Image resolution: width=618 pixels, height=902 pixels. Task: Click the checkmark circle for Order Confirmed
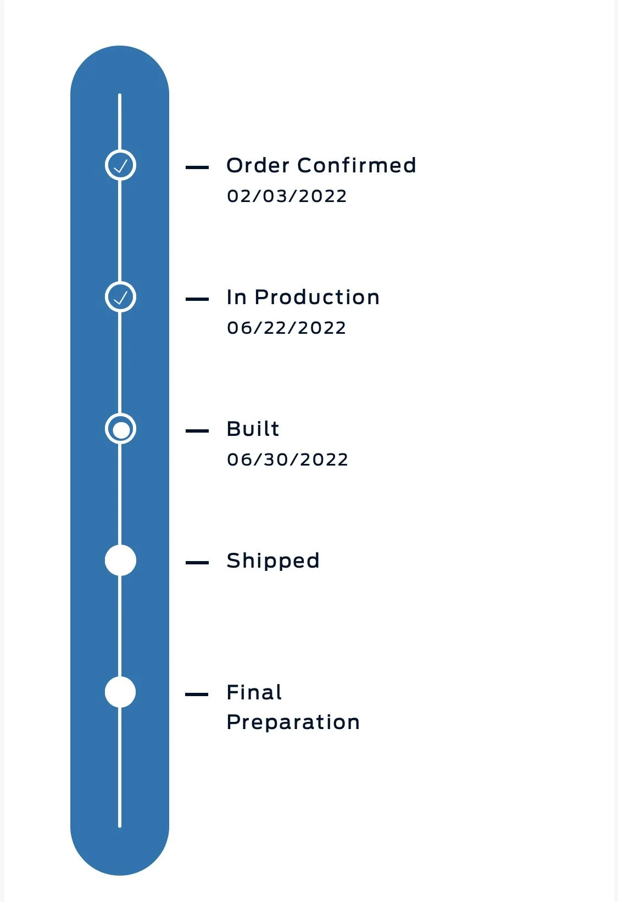click(120, 165)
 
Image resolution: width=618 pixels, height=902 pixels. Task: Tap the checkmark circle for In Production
click(120, 297)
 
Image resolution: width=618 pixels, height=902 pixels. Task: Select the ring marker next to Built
click(120, 428)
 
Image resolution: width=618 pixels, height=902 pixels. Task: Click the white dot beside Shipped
click(120, 560)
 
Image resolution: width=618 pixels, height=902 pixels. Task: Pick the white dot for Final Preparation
click(120, 692)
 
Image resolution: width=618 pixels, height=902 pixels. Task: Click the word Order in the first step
click(258, 165)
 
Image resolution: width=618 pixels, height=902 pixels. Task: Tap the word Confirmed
click(357, 165)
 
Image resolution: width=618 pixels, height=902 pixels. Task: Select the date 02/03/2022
click(286, 196)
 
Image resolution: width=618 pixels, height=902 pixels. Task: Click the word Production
click(317, 297)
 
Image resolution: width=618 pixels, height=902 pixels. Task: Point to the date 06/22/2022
click(286, 328)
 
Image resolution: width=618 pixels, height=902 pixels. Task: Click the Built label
click(253, 428)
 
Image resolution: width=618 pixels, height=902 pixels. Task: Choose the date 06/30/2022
click(288, 460)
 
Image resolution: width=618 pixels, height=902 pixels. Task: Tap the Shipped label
click(273, 561)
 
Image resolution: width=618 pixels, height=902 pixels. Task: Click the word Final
click(254, 692)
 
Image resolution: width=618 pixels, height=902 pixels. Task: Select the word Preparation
click(293, 722)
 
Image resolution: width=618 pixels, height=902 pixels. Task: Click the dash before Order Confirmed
click(197, 167)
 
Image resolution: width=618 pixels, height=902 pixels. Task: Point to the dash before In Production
click(197, 299)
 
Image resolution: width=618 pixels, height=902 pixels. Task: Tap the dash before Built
click(197, 431)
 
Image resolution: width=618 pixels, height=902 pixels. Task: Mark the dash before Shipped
click(197, 563)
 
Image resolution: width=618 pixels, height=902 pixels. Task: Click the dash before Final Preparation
click(197, 694)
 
